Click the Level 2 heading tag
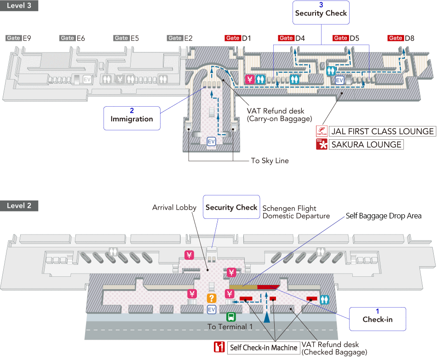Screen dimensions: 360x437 click(x=19, y=206)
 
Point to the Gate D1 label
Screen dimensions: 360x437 click(x=238, y=38)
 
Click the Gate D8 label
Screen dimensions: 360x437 click(x=401, y=38)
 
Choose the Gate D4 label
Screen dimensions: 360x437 click(x=292, y=38)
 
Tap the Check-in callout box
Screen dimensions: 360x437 click(x=377, y=319)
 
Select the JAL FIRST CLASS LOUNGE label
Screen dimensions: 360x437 click(x=382, y=131)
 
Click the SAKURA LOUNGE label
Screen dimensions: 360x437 click(x=366, y=145)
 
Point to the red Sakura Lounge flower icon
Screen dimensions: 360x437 click(x=321, y=145)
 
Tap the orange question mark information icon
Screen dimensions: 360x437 click(x=212, y=298)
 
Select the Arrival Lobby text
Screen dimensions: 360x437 click(x=174, y=208)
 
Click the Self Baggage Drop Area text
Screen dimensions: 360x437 click(x=384, y=216)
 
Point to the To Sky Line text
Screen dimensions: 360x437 click(x=270, y=161)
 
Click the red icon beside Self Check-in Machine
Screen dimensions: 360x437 click(x=219, y=347)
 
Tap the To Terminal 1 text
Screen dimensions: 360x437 click(x=230, y=326)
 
